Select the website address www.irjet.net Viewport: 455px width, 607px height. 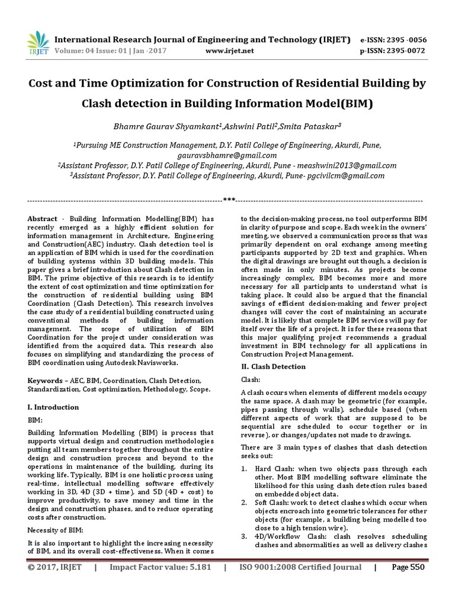tap(229, 51)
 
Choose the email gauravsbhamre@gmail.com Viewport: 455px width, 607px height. tap(227, 155)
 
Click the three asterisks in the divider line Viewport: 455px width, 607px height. tap(228, 199)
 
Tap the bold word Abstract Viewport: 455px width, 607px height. tap(43, 219)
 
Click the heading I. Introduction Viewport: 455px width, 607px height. tap(53, 407)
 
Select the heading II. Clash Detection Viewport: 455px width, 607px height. tap(273, 366)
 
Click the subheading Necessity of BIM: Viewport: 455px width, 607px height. tap(55, 529)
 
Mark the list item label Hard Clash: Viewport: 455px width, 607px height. tap(276, 468)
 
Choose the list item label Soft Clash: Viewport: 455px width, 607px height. tap(275, 502)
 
